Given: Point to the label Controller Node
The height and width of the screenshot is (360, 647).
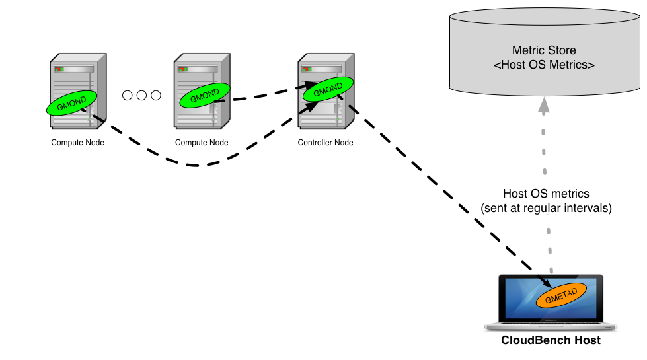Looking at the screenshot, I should click(325, 143).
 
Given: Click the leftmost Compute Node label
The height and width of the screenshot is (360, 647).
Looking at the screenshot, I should click(77, 143).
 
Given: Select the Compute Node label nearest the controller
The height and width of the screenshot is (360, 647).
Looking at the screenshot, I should click(202, 143).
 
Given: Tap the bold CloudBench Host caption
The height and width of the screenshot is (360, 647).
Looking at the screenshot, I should click(551, 341).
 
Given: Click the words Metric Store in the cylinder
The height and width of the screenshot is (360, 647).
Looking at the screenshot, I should click(544, 50).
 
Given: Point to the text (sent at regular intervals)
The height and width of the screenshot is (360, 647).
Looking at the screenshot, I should click(546, 208).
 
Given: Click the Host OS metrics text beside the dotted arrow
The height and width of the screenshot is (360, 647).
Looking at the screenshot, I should click(546, 194).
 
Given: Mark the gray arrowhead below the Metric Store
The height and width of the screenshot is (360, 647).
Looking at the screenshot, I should click(543, 104).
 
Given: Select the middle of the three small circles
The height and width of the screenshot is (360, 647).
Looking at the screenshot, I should click(141, 96).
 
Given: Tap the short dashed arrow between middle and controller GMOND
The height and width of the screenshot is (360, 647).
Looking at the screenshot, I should click(264, 95).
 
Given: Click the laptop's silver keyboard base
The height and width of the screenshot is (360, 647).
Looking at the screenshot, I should click(551, 327).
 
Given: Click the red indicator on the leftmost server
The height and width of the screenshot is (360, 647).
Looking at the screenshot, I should click(58, 69).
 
